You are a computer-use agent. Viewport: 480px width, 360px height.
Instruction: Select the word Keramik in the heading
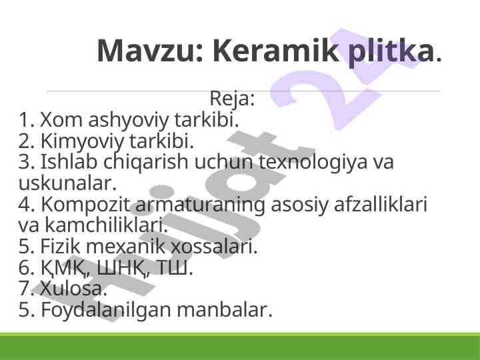click(275, 50)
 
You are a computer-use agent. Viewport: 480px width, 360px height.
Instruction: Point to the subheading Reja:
click(232, 99)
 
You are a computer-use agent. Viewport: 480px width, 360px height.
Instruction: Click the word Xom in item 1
click(61, 119)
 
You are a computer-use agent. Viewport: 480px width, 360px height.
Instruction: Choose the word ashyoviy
click(128, 121)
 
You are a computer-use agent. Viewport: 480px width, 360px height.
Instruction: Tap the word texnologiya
click(313, 163)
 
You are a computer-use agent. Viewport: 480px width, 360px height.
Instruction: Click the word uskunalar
click(67, 183)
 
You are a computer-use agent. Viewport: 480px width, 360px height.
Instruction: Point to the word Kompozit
click(86, 205)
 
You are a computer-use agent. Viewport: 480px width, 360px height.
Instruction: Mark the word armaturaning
click(200, 205)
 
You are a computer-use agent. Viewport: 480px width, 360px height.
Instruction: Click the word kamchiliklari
click(107, 225)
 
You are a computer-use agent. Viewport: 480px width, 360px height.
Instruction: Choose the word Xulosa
click(73, 289)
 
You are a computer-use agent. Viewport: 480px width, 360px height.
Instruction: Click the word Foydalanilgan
click(105, 310)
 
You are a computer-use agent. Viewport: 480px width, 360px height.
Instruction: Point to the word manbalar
click(225, 309)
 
